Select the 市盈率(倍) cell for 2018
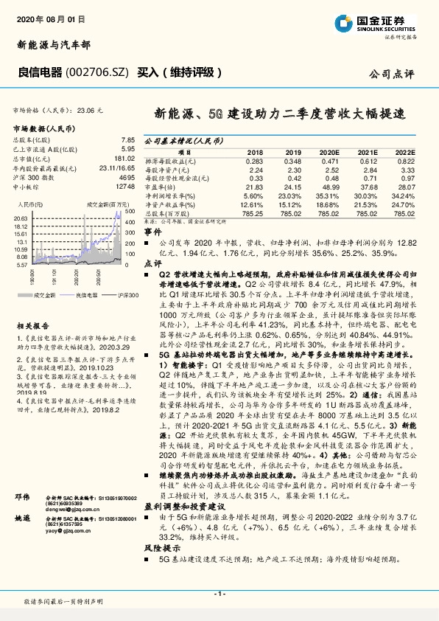click(253, 187)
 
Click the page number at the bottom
click(219, 594)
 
